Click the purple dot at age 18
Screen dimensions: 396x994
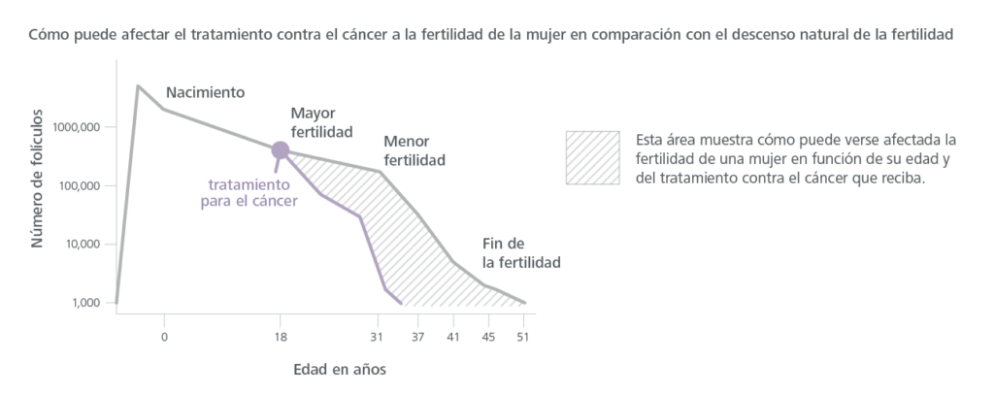tap(281, 149)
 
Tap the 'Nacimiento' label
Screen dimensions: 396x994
tap(205, 92)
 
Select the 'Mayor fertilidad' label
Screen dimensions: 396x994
tap(321, 122)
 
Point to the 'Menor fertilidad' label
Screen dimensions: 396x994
tap(414, 148)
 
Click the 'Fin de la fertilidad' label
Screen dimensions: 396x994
tap(521, 251)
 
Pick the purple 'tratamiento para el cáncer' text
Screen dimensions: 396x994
tap(248, 193)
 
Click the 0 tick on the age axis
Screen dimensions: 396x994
tap(164, 337)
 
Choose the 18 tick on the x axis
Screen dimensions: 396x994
tap(281, 337)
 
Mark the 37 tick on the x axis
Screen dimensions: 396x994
tap(418, 337)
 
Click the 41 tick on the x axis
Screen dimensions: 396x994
tap(452, 337)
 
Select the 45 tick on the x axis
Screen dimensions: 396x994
tap(487, 337)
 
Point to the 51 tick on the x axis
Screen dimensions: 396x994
tap(525, 337)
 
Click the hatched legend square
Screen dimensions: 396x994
tap(592, 156)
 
